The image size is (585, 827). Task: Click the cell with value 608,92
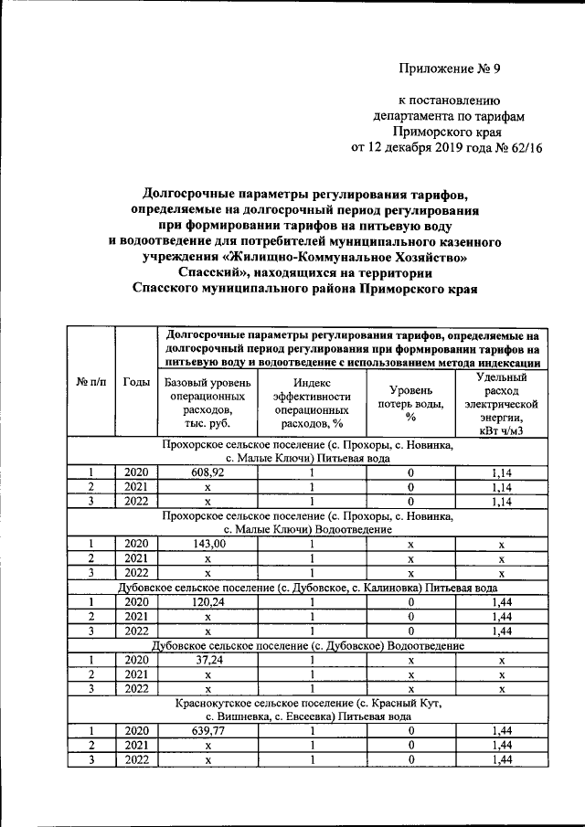click(x=207, y=473)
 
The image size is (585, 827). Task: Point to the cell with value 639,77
click(x=207, y=730)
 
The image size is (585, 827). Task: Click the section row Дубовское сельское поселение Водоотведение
click(x=308, y=644)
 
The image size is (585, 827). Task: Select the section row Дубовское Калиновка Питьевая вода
click(x=308, y=588)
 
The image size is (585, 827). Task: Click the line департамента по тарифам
click(x=447, y=116)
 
